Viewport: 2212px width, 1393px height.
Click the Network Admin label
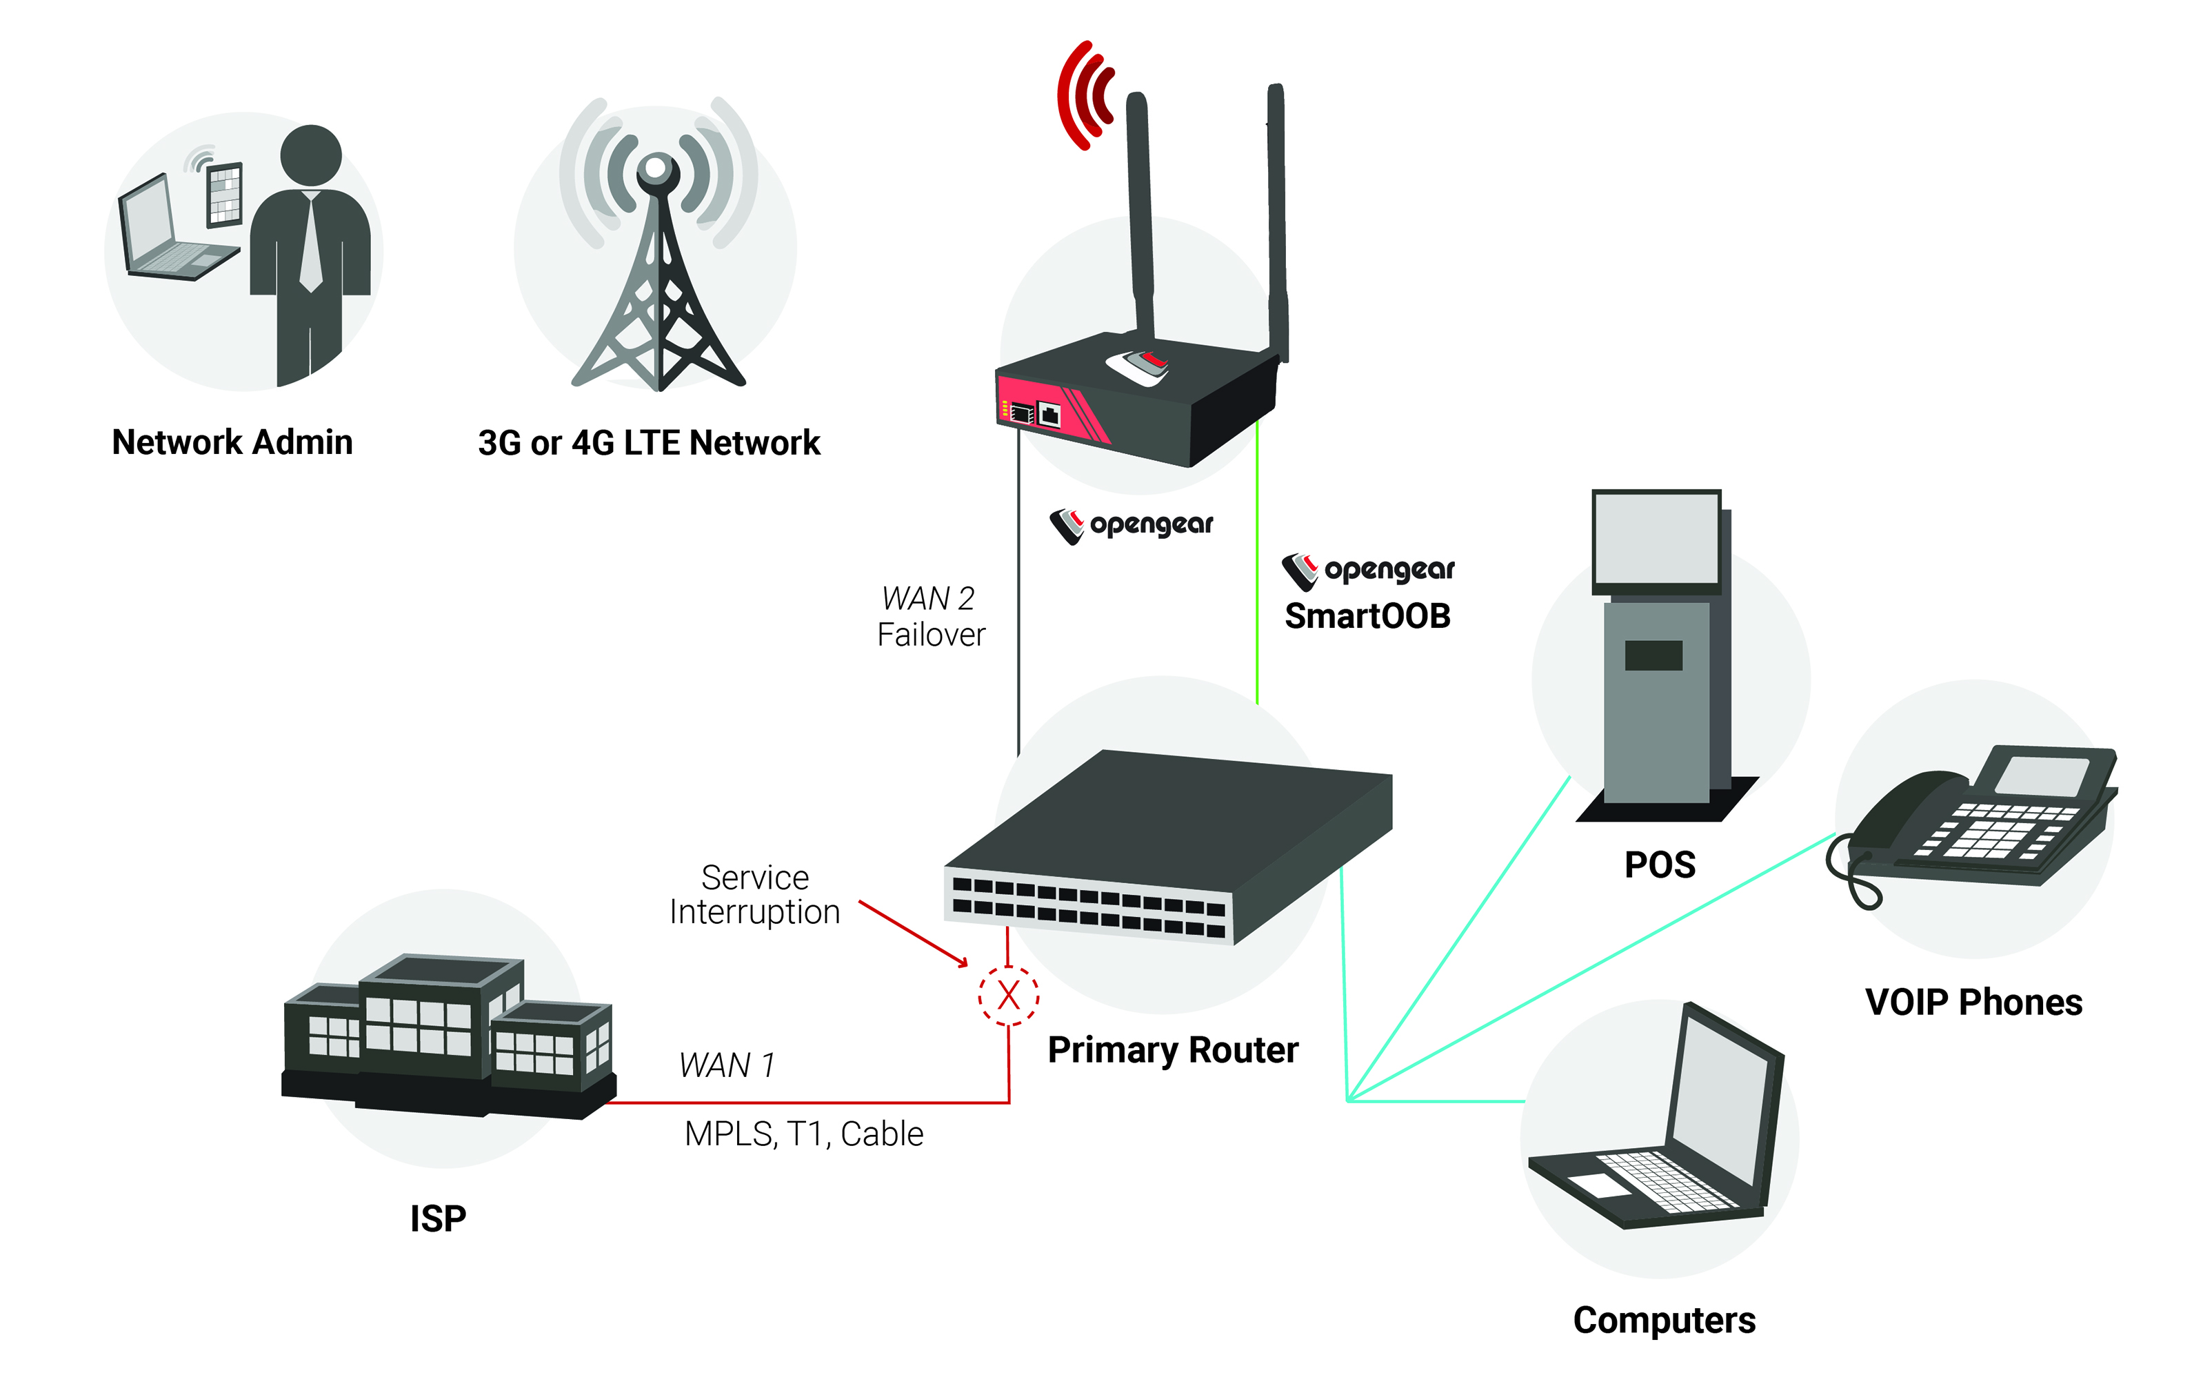click(232, 442)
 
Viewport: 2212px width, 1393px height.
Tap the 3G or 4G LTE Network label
click(649, 443)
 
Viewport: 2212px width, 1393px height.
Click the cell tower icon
click(658, 244)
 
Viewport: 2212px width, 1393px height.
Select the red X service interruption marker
click(1009, 995)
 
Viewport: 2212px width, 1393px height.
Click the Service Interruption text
click(755, 894)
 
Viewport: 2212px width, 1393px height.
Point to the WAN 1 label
click(727, 1065)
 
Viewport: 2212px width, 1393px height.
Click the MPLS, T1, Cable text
click(804, 1134)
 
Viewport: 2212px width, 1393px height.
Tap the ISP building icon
click(448, 1036)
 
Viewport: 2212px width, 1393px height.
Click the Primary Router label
click(1173, 1049)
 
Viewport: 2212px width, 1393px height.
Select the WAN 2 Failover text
click(931, 615)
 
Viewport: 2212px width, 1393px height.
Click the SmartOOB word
click(1367, 615)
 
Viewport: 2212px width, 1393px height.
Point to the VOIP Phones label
click(1974, 1002)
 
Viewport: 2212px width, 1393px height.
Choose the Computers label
click(1665, 1321)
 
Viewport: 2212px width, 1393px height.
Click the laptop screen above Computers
click(1722, 1107)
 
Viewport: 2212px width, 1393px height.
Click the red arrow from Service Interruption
click(913, 933)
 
